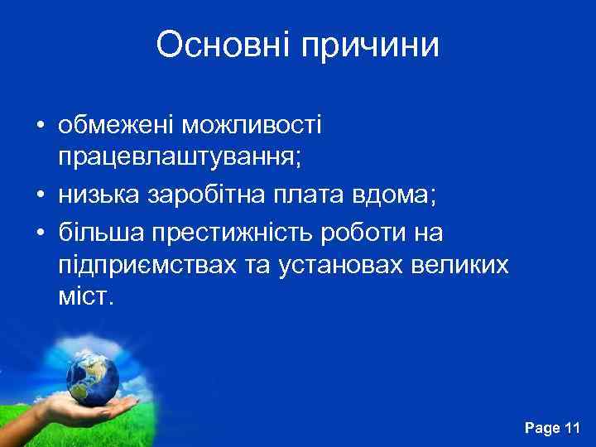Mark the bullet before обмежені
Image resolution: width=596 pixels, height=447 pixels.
(x=39, y=127)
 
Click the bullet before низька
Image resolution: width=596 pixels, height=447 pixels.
(x=39, y=195)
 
